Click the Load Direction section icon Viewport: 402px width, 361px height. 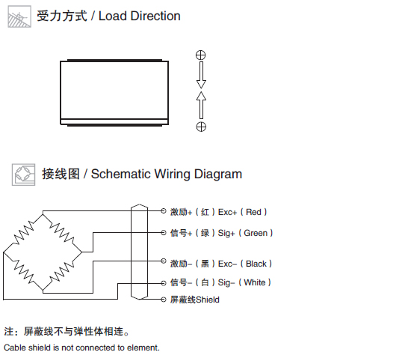click(19, 16)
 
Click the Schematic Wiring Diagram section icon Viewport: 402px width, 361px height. click(23, 175)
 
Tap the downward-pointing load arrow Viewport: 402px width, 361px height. click(201, 75)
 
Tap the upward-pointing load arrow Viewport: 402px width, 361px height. click(201, 105)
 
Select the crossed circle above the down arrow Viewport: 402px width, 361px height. click(201, 55)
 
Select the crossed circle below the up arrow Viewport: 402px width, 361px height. click(201, 127)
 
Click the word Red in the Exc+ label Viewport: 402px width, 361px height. click(253, 212)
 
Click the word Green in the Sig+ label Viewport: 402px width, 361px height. click(256, 233)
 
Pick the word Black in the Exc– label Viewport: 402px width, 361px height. click(256, 264)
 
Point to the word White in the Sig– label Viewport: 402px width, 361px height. click(255, 282)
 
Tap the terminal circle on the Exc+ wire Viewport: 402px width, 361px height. click(164, 211)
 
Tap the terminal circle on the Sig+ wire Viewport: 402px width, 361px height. click(164, 233)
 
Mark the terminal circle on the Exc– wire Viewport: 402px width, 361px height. click(164, 261)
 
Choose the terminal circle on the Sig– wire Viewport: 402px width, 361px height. click(164, 283)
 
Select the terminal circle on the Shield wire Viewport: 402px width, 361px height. click(164, 300)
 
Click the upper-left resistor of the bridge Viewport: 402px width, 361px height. click(23, 233)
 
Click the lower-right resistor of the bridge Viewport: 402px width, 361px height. click(62, 272)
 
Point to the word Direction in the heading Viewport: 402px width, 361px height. click(155, 16)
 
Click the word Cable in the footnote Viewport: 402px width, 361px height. click(15, 348)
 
